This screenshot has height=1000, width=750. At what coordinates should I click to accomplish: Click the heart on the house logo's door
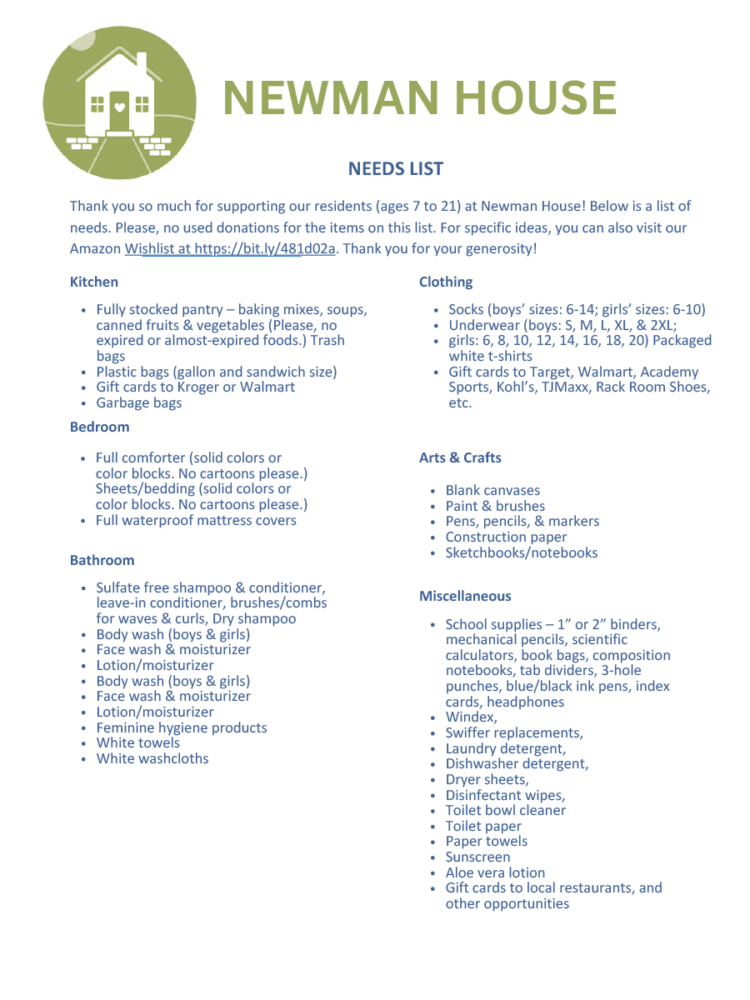click(x=119, y=107)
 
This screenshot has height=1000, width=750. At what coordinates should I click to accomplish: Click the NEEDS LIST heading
click(x=395, y=169)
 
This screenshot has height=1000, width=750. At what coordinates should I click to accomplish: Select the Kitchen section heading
click(x=94, y=282)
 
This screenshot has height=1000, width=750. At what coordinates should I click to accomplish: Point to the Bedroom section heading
click(x=99, y=427)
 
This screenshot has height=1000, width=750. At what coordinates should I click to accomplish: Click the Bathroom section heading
click(x=102, y=560)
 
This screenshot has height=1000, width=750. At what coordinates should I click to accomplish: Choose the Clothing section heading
click(x=446, y=282)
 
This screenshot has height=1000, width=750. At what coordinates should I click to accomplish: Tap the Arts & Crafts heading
click(x=460, y=457)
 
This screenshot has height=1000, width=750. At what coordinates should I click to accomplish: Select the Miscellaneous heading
click(x=465, y=596)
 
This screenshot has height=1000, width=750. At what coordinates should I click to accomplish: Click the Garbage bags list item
click(x=139, y=402)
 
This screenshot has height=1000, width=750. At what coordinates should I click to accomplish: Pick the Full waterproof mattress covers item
click(x=196, y=520)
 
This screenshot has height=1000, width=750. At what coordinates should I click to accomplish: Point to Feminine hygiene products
click(x=182, y=727)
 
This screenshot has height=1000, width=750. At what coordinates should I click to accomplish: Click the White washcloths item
click(x=152, y=758)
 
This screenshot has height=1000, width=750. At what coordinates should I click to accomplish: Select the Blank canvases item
click(x=492, y=490)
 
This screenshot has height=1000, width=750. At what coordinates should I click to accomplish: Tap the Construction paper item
click(x=506, y=537)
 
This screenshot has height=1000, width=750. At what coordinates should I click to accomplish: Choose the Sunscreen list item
click(x=477, y=857)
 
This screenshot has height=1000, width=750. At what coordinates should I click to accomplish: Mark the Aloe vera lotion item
click(x=495, y=872)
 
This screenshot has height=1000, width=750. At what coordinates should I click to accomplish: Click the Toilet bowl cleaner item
click(x=505, y=810)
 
